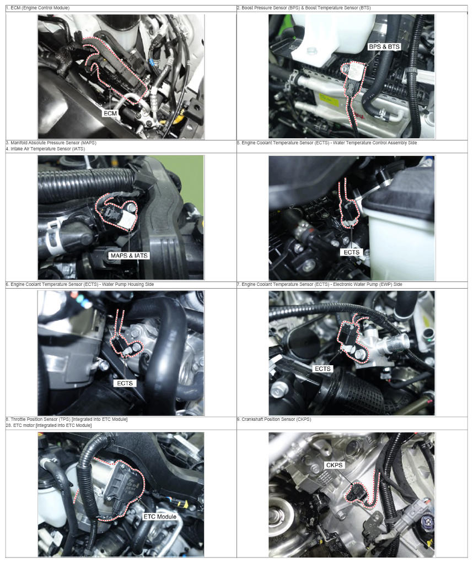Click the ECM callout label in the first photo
coord(110,113)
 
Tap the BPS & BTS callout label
coord(384,47)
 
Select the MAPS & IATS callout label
coord(129,256)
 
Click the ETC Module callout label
coord(160,516)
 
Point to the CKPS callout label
coord(334,465)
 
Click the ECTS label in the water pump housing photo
coord(125,383)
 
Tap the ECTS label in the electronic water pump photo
coord(322,369)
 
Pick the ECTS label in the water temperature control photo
coord(351,252)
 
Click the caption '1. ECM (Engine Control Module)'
coord(37,8)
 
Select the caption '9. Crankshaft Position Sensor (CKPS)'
coord(274,419)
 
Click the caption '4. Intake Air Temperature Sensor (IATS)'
coord(45,149)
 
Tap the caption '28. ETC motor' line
coord(49,425)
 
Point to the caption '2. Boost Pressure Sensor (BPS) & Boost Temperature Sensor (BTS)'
coord(304,8)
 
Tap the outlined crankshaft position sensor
coord(356,492)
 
